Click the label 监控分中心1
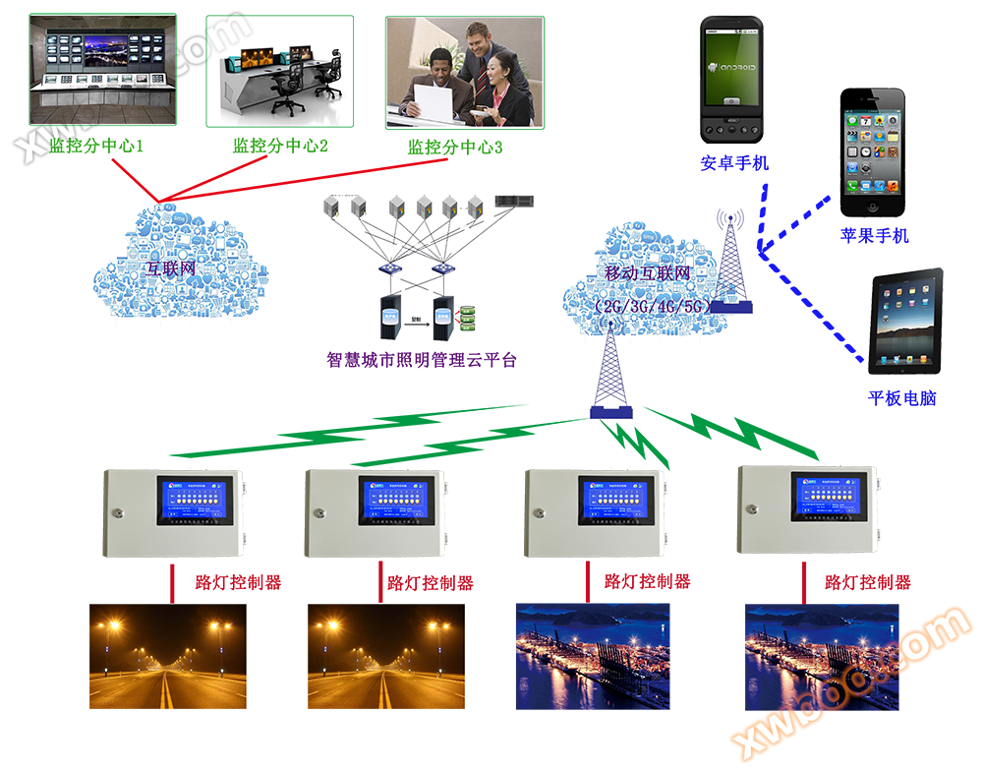coord(96,148)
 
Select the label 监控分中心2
coord(280,147)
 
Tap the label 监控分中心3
coord(455,148)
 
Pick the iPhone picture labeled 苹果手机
coord(873,153)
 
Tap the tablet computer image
coord(906,321)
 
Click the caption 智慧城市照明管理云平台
coord(422,360)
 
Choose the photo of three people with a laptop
coord(464,72)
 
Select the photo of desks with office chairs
coord(280,71)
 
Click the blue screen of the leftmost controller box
coord(197,500)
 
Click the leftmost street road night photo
coord(167,656)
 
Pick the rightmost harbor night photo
coord(822,656)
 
